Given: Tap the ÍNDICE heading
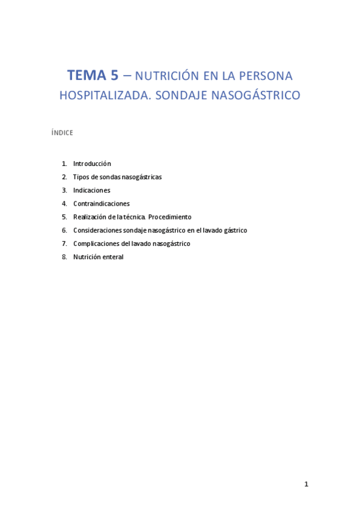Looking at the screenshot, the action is point(63,133).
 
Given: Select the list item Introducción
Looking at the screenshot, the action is point(92,164).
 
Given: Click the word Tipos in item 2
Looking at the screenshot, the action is point(81,177).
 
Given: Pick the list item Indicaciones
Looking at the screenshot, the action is point(91,190).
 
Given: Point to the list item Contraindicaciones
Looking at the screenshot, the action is point(101,203).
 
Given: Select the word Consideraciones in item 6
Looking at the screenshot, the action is point(97,230).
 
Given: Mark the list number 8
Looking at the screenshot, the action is point(64,257).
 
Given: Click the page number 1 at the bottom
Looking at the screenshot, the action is point(306,484).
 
